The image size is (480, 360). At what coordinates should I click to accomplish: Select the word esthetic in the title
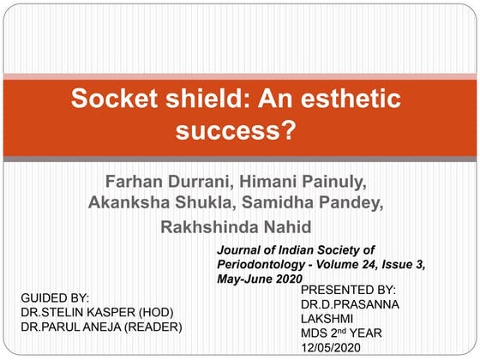352,99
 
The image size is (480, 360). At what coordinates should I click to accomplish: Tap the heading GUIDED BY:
55,297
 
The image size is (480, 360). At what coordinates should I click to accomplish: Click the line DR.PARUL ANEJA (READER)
101,327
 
